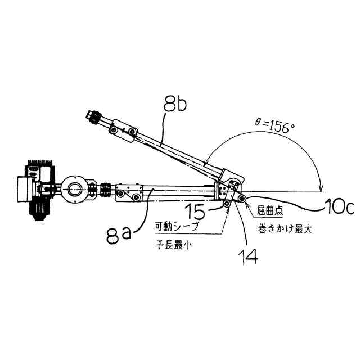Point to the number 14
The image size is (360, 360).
tap(247, 255)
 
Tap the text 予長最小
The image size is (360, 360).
tap(177, 245)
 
